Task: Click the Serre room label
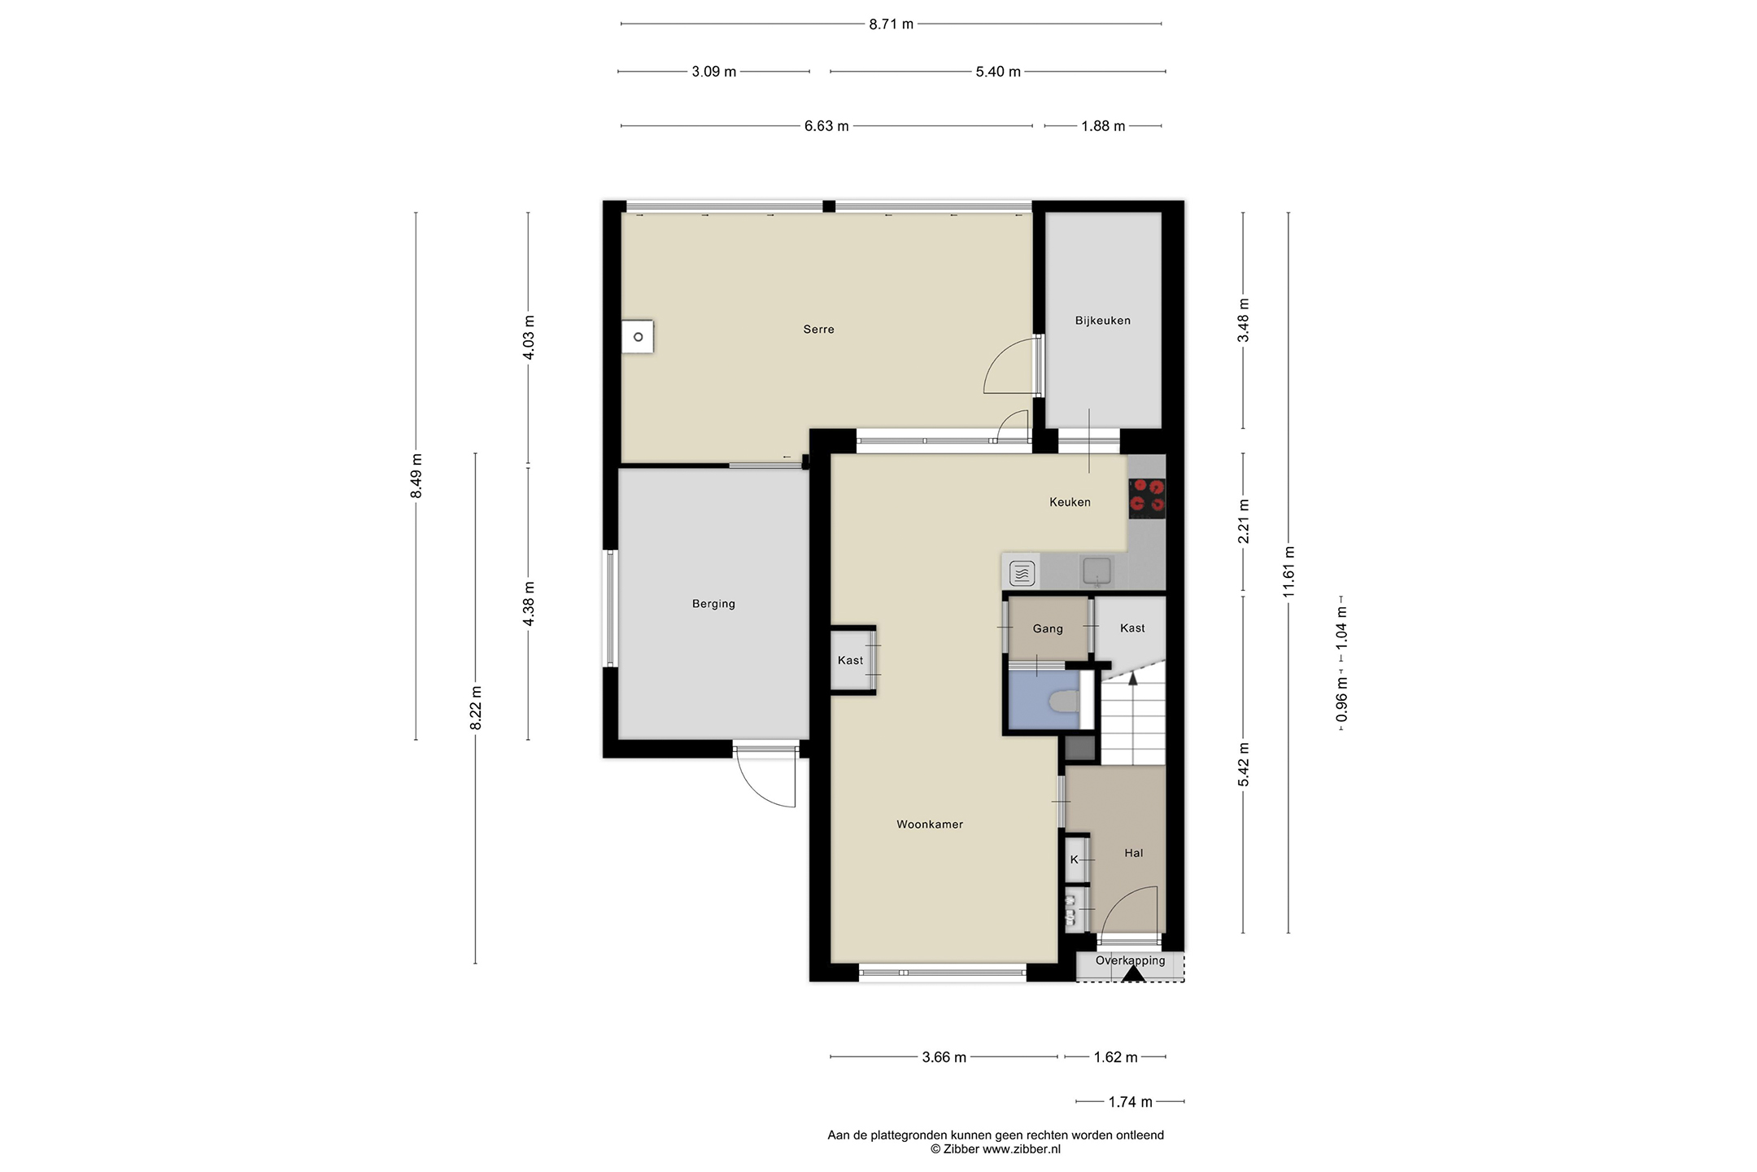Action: coord(818,330)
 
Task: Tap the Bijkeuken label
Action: coord(1102,321)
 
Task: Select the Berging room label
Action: coord(713,604)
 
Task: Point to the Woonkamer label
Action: coord(930,824)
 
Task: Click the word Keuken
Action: coord(1070,502)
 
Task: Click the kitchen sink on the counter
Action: coord(1096,571)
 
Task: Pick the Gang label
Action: coord(1048,629)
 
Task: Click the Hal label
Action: coord(1133,853)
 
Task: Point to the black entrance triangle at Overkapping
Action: coord(1133,973)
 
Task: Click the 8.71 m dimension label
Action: coord(891,24)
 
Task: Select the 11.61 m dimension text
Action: coord(1288,572)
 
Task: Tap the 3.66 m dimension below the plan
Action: coord(944,1057)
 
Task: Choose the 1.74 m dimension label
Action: coord(1130,1102)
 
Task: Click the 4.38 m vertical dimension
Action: coord(528,604)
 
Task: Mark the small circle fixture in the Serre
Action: coord(639,337)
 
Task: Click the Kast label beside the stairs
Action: coord(1132,628)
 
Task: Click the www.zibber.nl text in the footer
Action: coord(1022,1149)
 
